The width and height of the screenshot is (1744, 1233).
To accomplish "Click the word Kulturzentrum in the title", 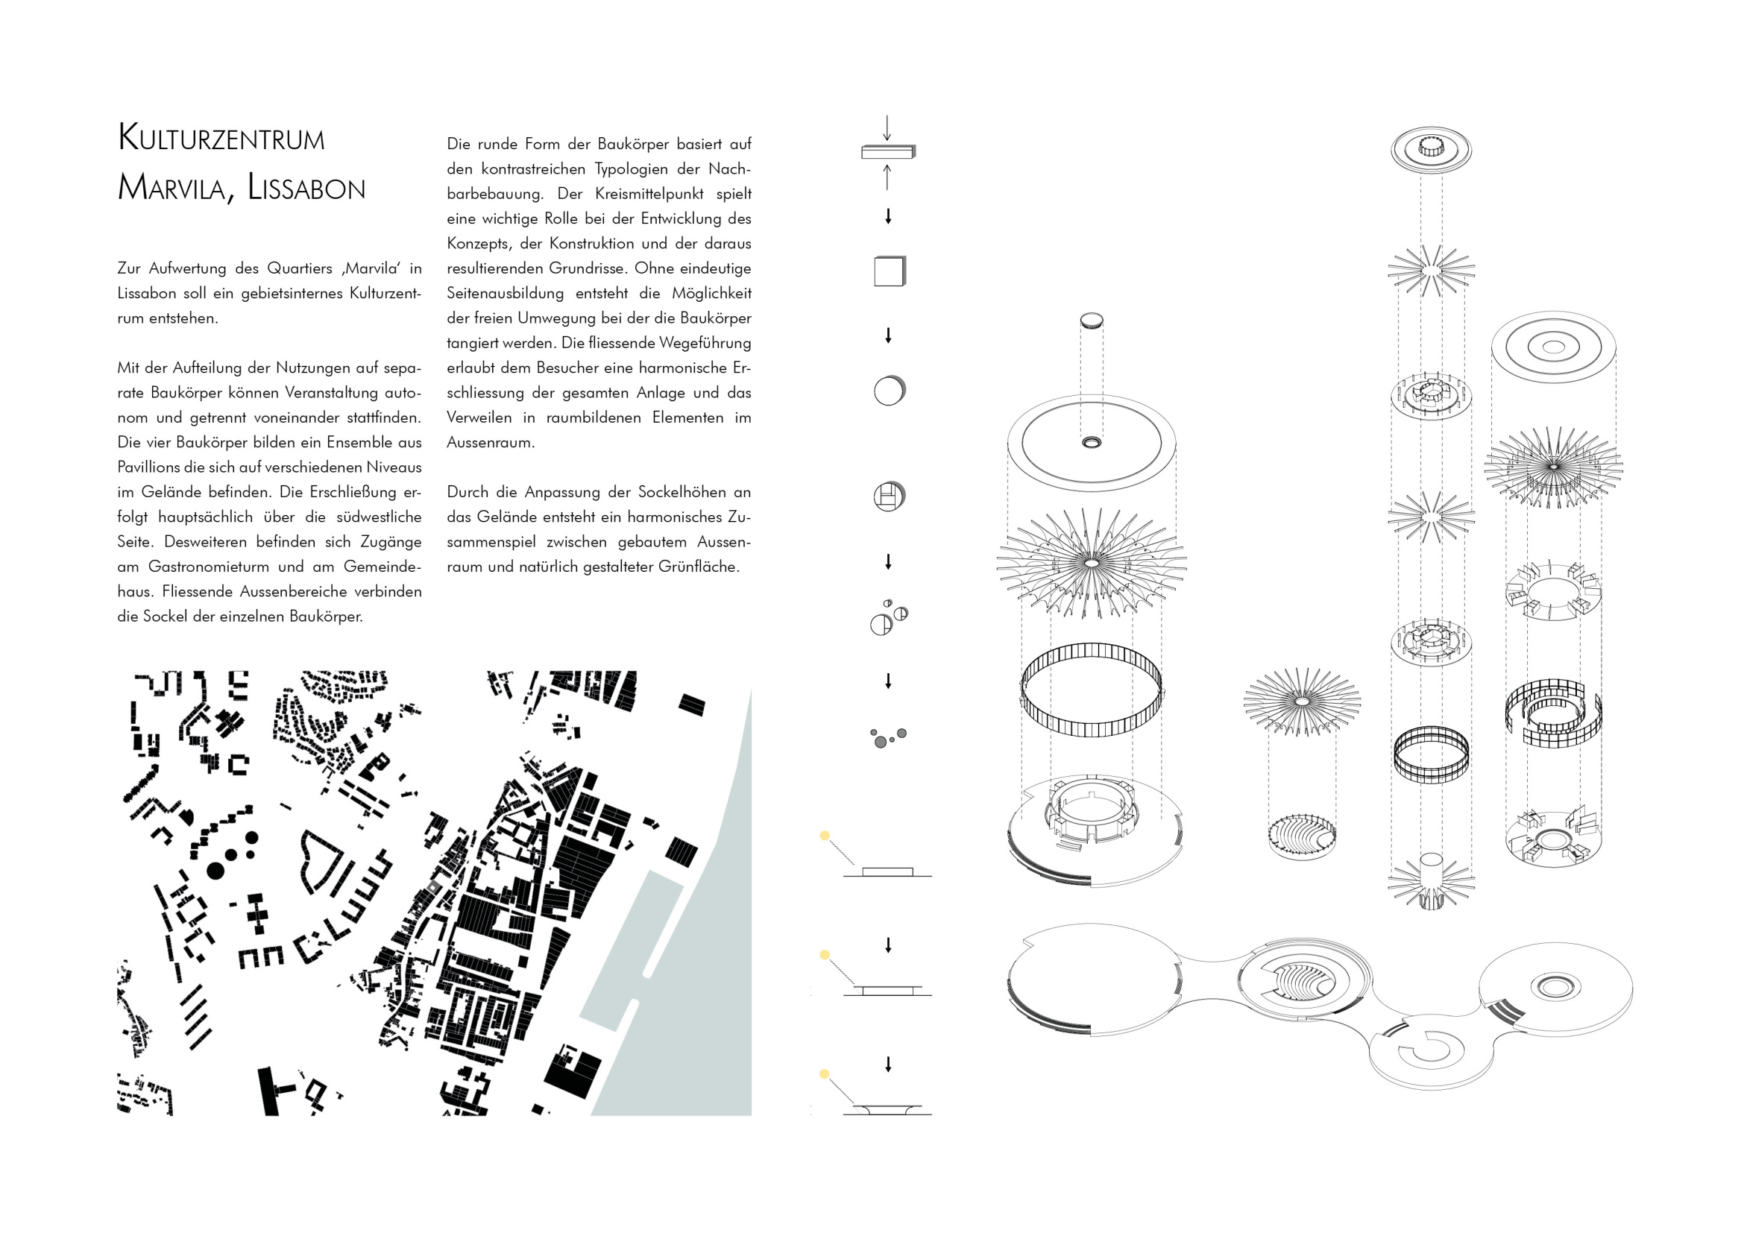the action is [x=221, y=138].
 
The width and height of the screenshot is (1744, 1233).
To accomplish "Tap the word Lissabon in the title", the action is [x=306, y=188].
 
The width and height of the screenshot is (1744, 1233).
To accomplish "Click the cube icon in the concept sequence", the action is [x=890, y=271].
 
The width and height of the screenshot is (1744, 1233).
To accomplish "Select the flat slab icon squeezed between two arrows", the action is [x=888, y=152].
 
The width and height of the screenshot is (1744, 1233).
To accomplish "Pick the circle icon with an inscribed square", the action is [x=889, y=496].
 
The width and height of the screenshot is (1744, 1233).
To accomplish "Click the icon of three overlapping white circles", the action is [x=889, y=617].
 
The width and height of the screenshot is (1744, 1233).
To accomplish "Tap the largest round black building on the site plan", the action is [x=215, y=870].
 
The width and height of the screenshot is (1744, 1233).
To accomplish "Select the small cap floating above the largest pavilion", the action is [x=1092, y=321].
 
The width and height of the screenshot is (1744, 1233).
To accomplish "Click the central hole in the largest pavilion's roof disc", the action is [x=1092, y=442].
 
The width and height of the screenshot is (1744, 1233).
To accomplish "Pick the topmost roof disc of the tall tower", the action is [x=1431, y=148].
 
